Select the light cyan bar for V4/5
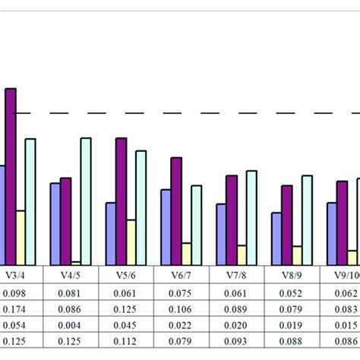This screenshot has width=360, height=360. tap(86, 201)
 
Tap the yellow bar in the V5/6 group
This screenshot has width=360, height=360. tap(131, 242)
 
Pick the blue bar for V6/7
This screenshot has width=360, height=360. tap(166, 227)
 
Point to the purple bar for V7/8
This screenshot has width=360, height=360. tap(232, 220)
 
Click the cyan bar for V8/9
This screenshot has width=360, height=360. tap(307, 220)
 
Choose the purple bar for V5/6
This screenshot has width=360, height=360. tap(121, 201)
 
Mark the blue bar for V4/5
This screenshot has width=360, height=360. tap(55, 224)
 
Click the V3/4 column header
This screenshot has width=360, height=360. tap(14, 276)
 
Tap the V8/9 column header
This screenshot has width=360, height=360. tap(292, 276)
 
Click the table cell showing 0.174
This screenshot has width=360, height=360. tap(14, 308)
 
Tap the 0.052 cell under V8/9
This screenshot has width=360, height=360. tap(292, 293)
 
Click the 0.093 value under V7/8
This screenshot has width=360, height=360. tap(237, 340)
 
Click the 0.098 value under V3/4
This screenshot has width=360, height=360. tap(14, 293)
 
